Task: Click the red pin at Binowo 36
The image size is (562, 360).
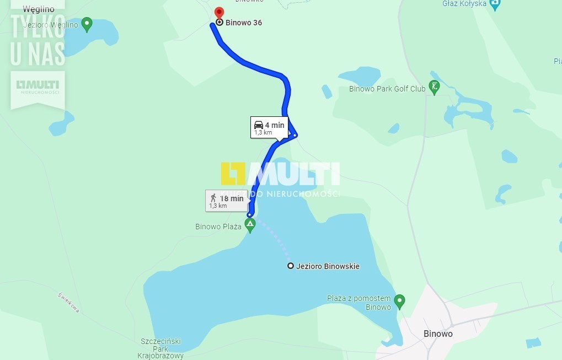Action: coord(219,13)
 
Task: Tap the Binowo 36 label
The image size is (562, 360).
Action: coord(243,23)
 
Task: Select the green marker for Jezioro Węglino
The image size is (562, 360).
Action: coord(87,24)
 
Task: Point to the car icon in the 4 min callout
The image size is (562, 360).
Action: coord(259,125)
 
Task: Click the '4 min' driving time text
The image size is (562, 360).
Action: coord(275,125)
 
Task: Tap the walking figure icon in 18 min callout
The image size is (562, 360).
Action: coord(213,198)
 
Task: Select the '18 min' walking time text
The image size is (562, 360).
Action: coord(232,198)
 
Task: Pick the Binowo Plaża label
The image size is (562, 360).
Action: coord(218,227)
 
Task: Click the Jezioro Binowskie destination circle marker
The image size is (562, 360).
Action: coord(291,266)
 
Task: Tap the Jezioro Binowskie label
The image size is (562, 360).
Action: coord(328,266)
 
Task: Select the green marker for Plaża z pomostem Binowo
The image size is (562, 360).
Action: coord(399,301)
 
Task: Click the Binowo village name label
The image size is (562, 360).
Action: coord(438,334)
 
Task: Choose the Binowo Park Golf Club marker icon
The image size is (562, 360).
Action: coord(434,87)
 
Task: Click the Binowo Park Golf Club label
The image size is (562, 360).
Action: coord(387,89)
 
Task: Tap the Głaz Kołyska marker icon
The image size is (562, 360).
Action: coord(495,4)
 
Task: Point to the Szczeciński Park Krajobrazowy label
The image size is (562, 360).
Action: coord(160,348)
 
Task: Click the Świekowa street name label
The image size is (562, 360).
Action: coord(68,303)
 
